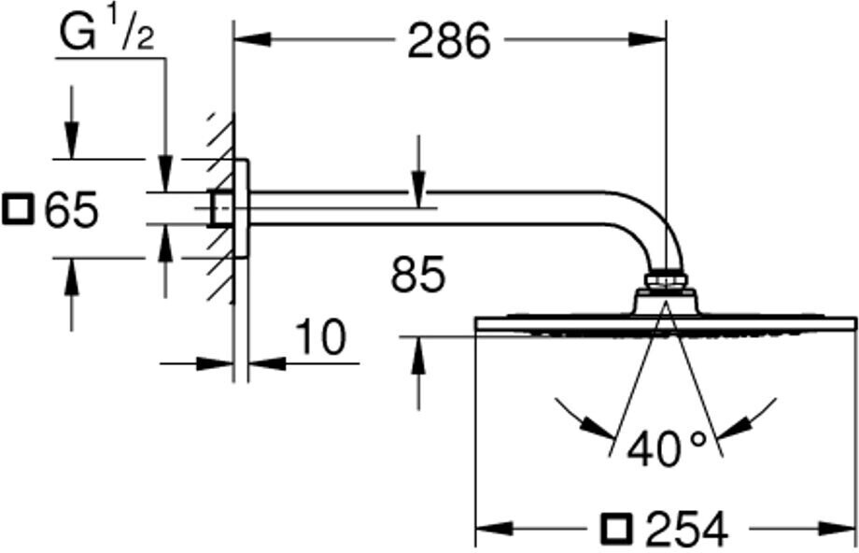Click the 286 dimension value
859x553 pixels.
[448, 41]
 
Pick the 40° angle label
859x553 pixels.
[667, 449]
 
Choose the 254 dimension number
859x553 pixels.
[685, 530]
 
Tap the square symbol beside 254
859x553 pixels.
[616, 530]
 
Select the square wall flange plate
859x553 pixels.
[242, 207]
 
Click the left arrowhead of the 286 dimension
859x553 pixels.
[250, 40]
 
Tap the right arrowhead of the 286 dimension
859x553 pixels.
[649, 40]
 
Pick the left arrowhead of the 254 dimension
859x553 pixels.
[493, 531]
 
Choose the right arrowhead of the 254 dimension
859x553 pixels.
[839, 531]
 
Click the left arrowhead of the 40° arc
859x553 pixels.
[597, 429]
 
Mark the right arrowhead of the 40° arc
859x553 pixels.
[735, 429]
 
